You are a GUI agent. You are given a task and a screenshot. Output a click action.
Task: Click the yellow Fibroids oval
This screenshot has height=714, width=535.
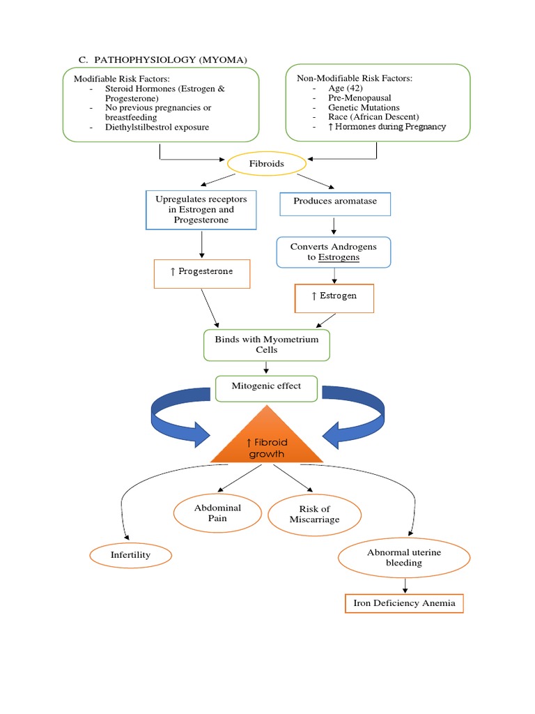[x=267, y=165]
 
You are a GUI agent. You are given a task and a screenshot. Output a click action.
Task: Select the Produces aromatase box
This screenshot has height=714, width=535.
[x=335, y=202]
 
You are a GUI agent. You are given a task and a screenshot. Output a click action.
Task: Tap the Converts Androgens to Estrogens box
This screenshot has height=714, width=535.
[x=334, y=252]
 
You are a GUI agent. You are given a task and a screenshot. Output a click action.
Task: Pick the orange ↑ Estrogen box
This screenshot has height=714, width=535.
[x=334, y=297]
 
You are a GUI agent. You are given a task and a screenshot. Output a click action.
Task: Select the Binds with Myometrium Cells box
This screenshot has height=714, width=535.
[x=267, y=345]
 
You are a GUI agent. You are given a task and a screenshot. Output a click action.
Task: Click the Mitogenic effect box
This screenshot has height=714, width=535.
[x=267, y=387]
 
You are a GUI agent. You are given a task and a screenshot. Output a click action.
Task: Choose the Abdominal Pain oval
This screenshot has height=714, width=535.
[x=217, y=512]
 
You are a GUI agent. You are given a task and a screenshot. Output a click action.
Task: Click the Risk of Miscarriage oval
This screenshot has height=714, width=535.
[x=314, y=515]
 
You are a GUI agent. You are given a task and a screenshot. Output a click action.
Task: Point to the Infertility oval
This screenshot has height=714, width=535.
[x=130, y=556]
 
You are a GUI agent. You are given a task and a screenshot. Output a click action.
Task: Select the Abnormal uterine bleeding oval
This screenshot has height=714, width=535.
[x=404, y=557]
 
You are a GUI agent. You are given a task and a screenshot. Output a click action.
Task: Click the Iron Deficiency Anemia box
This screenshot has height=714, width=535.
[x=404, y=603]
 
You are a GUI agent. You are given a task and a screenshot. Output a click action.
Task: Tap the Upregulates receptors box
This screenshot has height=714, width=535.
[x=201, y=210]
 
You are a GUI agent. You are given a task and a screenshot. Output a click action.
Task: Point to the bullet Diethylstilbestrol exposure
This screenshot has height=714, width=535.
[x=157, y=128]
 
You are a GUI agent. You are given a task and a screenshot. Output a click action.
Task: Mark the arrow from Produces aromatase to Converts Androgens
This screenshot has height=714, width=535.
[x=334, y=226]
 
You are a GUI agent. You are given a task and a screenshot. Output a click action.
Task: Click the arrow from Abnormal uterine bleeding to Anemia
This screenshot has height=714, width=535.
[x=404, y=585]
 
